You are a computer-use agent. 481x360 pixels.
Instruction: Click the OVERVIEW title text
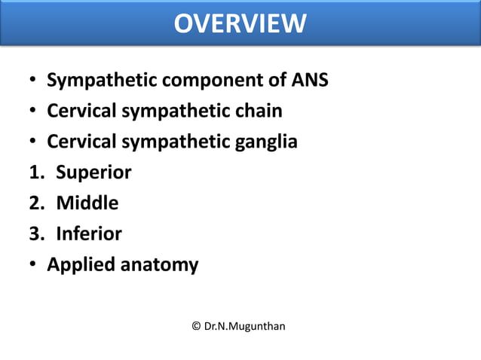pyautogui.click(x=240, y=23)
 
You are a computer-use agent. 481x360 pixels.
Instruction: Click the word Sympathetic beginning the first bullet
pyautogui.click(x=98, y=80)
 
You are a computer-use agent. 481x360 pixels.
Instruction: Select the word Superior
pyautogui.click(x=93, y=172)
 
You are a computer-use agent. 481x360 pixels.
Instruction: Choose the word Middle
pyautogui.click(x=87, y=203)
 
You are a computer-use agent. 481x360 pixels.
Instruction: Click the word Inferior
pyautogui.click(x=89, y=233)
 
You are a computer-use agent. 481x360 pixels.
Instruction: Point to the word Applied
pyautogui.click(x=76, y=264)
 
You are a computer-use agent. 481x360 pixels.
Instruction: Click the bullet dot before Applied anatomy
pyautogui.click(x=34, y=265)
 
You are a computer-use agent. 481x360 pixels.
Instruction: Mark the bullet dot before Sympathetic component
pyautogui.click(x=34, y=81)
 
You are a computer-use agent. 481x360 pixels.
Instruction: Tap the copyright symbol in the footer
pyautogui.click(x=197, y=326)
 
